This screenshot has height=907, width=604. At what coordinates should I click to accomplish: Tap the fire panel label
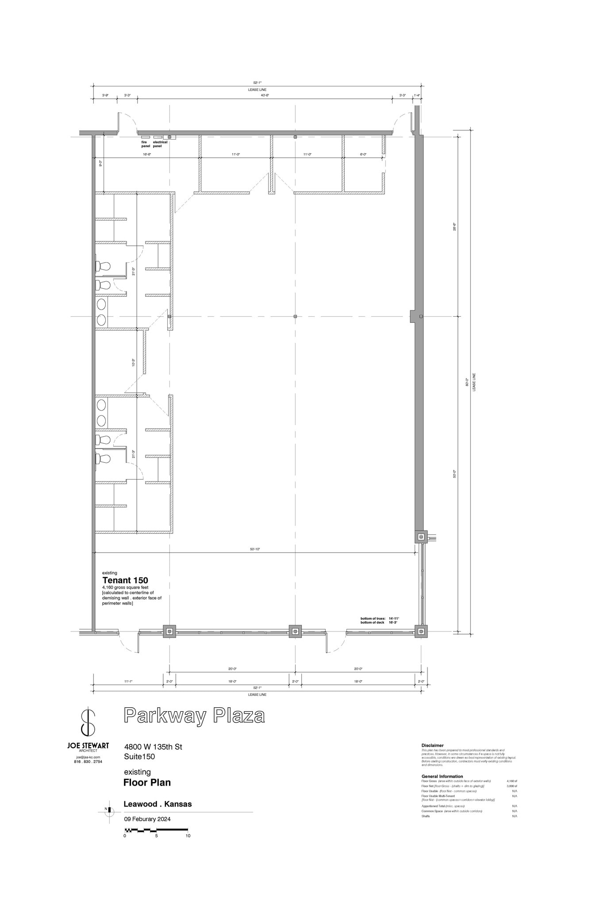(x=145, y=144)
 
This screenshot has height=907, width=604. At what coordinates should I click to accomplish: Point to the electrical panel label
(x=160, y=144)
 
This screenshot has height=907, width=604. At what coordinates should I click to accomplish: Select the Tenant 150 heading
(x=125, y=580)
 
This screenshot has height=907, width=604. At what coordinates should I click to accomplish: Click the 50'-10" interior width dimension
(x=255, y=549)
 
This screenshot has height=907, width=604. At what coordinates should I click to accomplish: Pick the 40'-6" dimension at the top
(x=265, y=95)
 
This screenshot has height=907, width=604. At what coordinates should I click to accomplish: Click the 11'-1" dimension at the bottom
(x=128, y=682)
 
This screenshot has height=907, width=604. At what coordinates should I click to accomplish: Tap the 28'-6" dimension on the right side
(x=454, y=226)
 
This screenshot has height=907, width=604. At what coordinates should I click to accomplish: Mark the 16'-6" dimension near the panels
(x=147, y=155)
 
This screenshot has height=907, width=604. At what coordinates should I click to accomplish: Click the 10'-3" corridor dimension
(x=134, y=363)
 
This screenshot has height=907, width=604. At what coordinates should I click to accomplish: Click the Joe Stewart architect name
(x=88, y=746)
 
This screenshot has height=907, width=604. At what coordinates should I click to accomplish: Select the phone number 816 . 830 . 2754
(x=89, y=762)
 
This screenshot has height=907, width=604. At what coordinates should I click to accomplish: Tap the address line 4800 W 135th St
(x=153, y=747)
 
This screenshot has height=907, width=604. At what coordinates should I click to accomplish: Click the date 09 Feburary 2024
(x=147, y=819)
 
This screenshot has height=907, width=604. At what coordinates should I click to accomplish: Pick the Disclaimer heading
(x=432, y=745)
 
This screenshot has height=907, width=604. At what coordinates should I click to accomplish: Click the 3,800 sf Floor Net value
(x=512, y=786)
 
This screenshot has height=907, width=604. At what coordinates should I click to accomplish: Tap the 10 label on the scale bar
(x=188, y=836)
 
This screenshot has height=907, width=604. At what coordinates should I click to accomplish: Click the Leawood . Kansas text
(x=158, y=804)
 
